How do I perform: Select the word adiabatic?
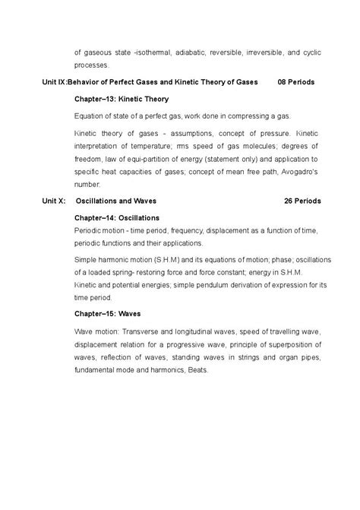pos(195,53)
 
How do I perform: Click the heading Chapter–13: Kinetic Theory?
pos(122,99)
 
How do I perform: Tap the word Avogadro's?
pos(298,172)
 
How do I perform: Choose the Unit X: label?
pos(53,201)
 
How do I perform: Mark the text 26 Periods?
pos(302,201)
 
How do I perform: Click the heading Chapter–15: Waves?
pos(109,313)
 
